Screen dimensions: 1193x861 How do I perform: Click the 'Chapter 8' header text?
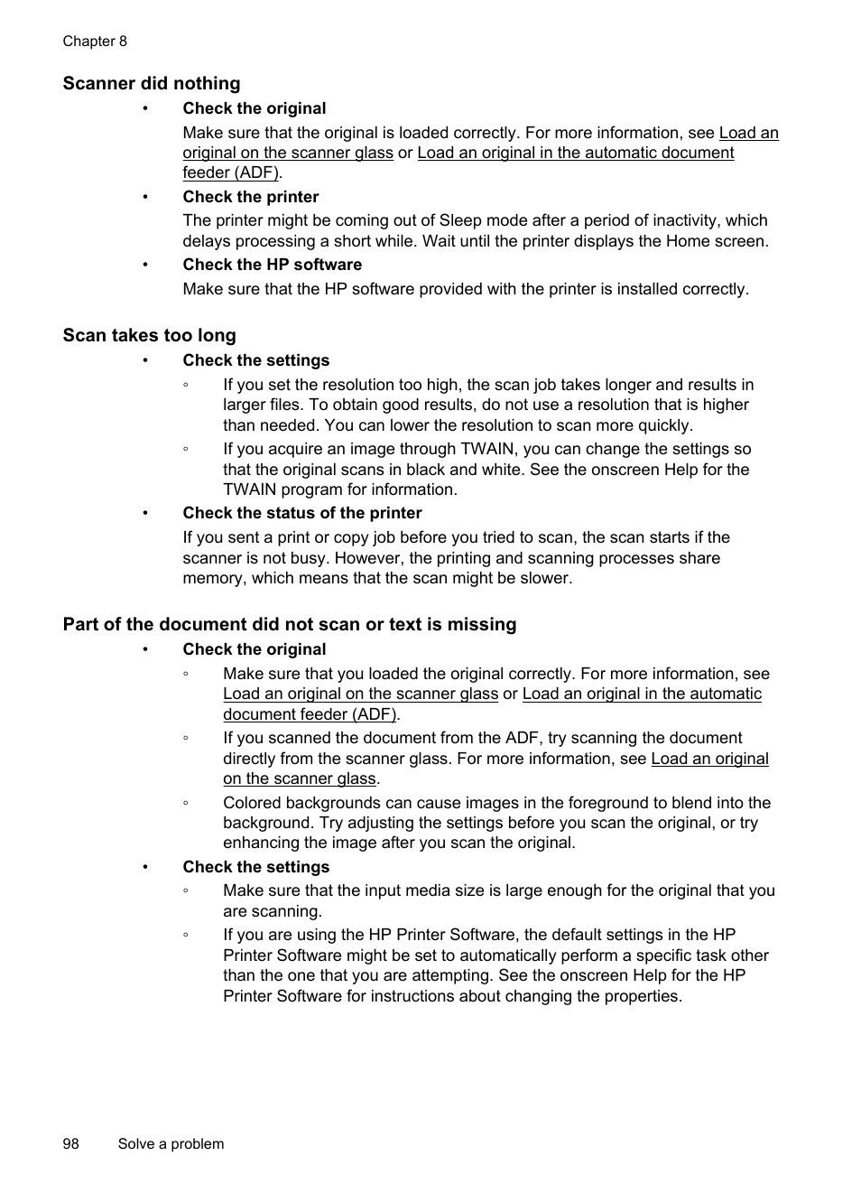tap(95, 42)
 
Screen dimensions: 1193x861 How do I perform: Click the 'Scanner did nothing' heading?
tap(152, 84)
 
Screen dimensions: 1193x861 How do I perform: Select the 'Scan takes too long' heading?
tap(149, 336)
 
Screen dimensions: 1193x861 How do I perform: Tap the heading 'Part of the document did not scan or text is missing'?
tap(290, 625)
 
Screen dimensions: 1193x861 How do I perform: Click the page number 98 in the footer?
tap(71, 1144)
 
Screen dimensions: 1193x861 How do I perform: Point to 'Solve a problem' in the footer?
tap(171, 1144)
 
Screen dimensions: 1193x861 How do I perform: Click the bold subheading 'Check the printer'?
tap(250, 197)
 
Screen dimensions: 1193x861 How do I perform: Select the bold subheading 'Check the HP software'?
tap(272, 265)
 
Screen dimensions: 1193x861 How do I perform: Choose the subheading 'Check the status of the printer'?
tap(301, 513)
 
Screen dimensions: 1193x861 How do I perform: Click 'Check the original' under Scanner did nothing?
tap(254, 108)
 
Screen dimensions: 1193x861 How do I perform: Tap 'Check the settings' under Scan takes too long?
tap(255, 360)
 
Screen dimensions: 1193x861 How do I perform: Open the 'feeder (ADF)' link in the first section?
tap(230, 172)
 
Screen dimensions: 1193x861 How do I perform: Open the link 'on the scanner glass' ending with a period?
tap(300, 778)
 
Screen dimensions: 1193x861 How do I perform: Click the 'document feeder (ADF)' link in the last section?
tap(310, 714)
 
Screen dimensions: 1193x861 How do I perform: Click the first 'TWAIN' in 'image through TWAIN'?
tap(489, 449)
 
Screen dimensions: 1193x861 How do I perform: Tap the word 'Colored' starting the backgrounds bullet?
tap(252, 803)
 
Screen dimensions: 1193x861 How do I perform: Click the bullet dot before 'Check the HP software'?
tap(144, 265)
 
